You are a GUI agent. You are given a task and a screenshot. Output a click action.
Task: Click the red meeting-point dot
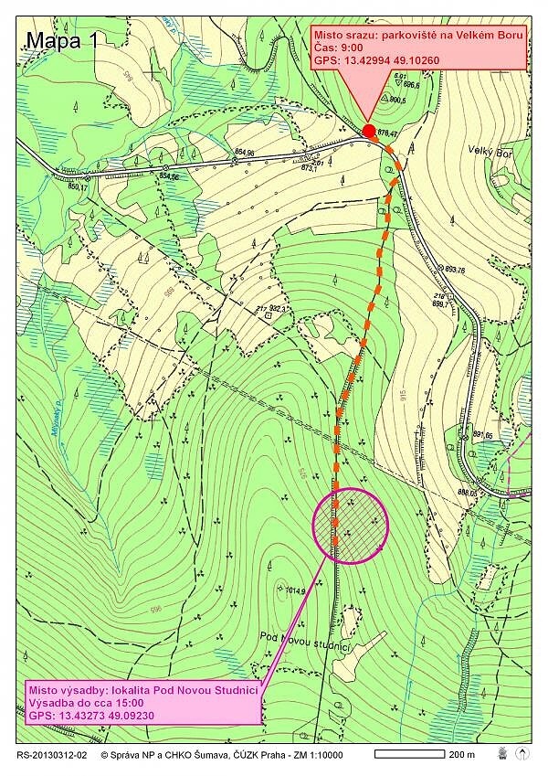click(x=369, y=131)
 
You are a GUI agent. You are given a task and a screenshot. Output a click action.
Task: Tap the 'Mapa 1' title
click(x=61, y=40)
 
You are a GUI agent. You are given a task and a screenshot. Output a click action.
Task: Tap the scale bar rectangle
click(x=408, y=754)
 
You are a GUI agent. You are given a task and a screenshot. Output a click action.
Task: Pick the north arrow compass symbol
click(x=522, y=753)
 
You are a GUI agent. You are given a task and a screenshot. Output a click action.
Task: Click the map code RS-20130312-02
click(x=52, y=754)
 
